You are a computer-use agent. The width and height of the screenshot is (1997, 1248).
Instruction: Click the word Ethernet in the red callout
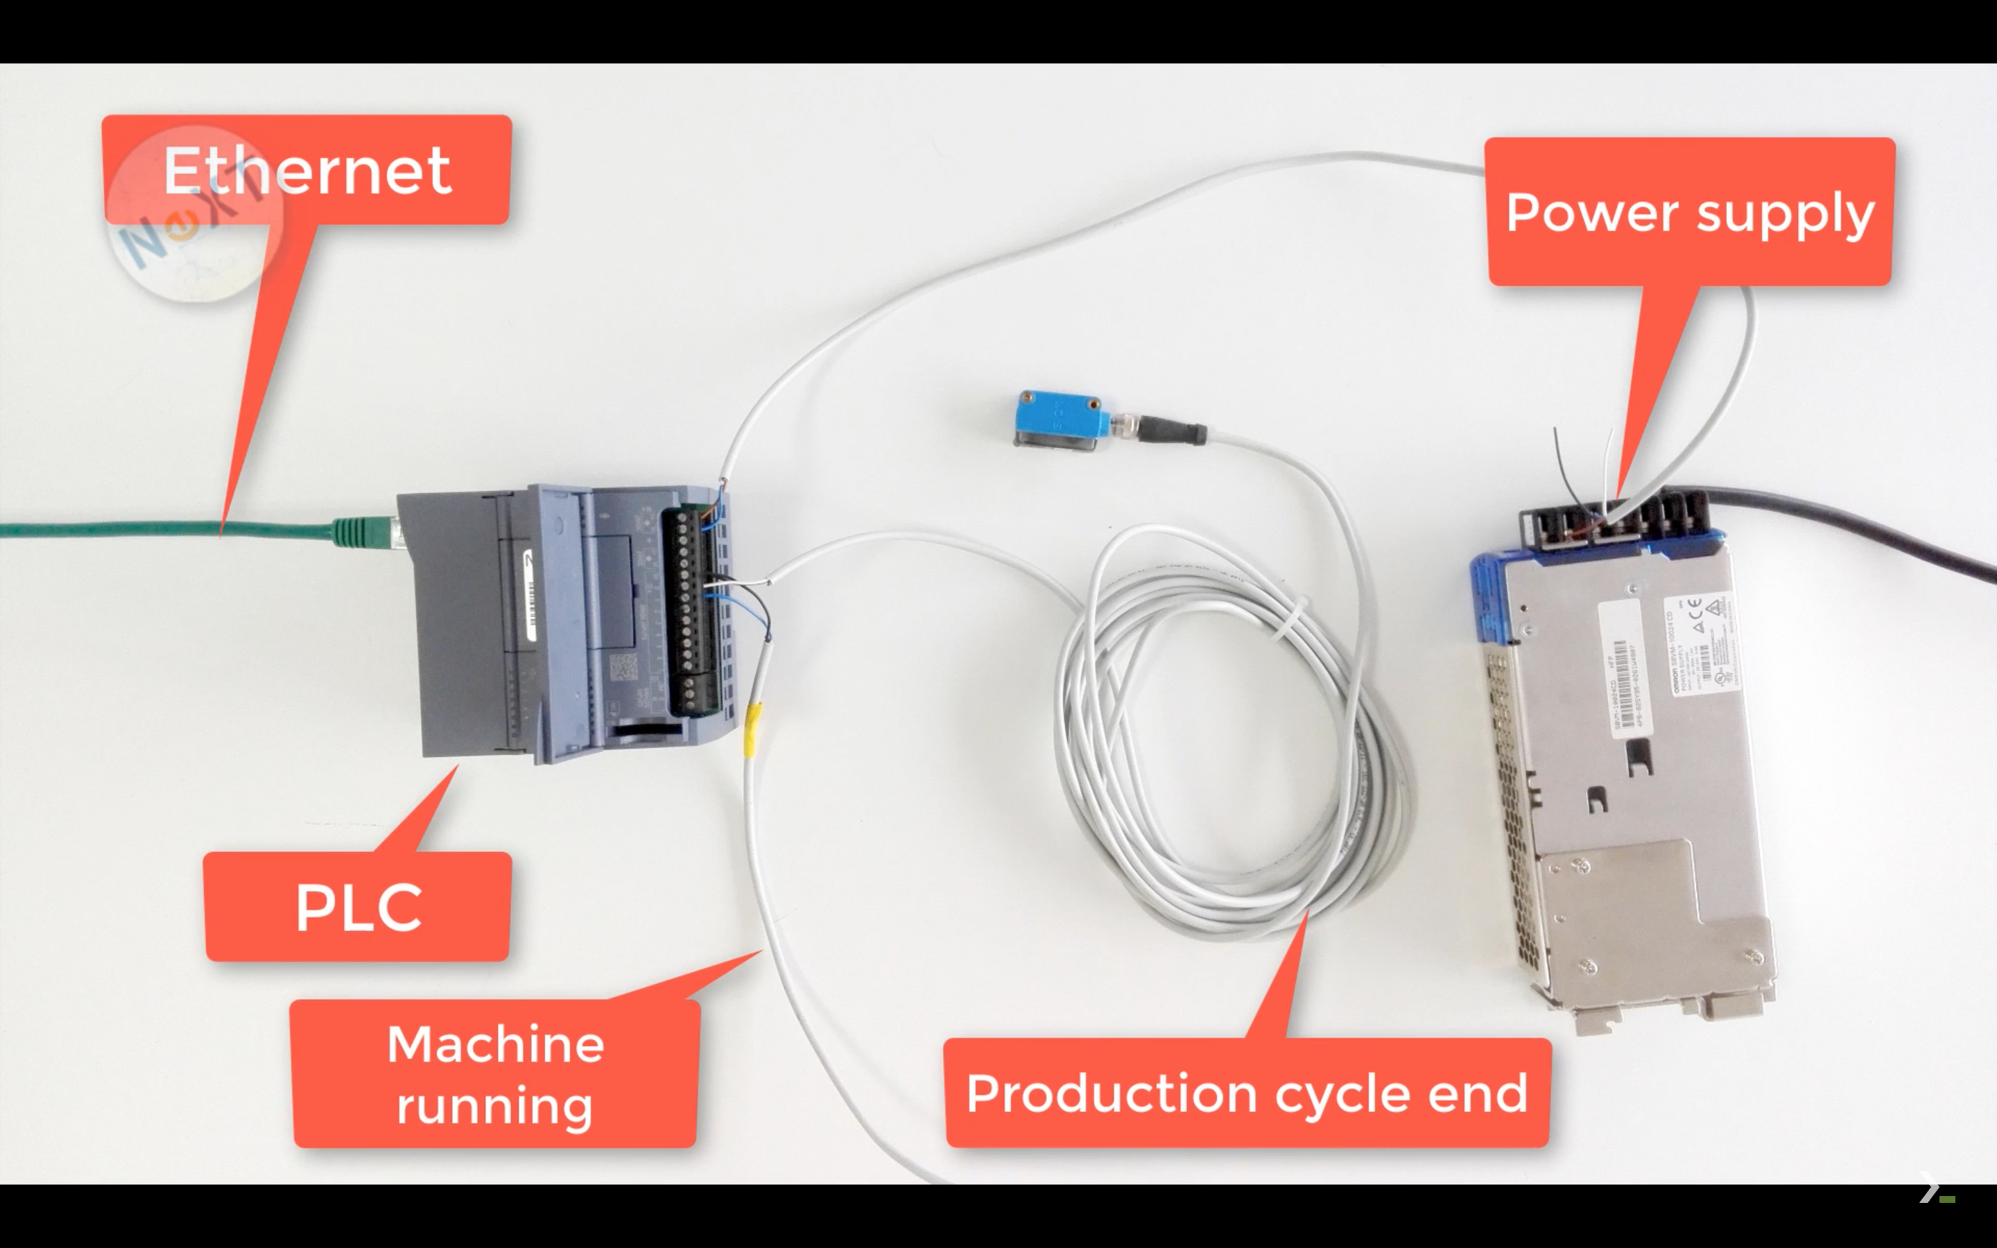point(307,170)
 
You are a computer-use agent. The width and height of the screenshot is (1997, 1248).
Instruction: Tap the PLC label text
point(358,907)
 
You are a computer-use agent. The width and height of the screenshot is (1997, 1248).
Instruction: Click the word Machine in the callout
point(495,1044)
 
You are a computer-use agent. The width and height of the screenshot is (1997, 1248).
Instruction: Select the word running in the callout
point(494,1105)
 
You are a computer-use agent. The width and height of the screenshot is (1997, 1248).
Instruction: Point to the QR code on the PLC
point(623,667)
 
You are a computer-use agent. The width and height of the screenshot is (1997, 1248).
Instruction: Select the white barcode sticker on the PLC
point(530,594)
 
